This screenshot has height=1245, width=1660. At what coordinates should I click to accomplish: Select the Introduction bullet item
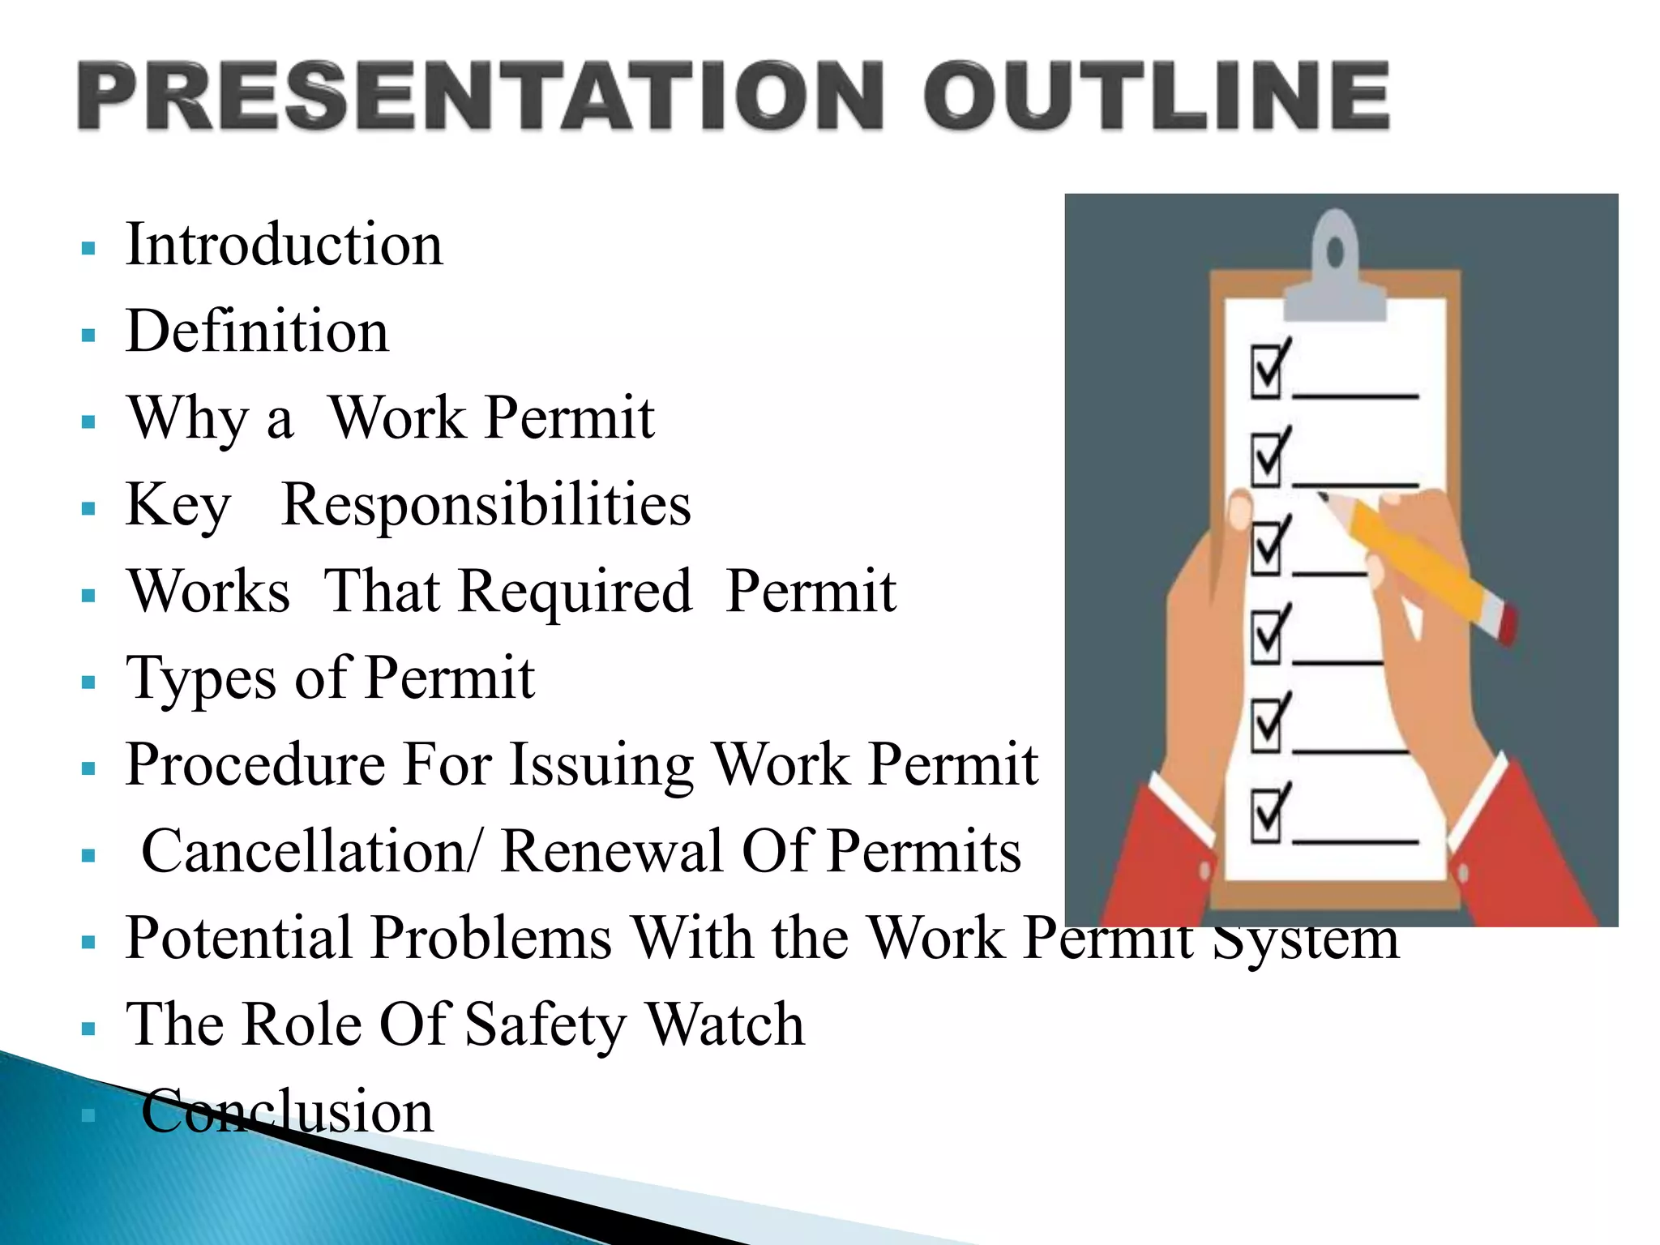[x=285, y=245]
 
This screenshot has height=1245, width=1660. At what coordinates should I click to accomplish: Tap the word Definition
[x=258, y=332]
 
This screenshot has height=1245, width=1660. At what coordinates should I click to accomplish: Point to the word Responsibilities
[x=486, y=505]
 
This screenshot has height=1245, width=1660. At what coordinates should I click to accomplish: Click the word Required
[x=575, y=592]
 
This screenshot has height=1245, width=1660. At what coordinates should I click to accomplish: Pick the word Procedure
[x=255, y=764]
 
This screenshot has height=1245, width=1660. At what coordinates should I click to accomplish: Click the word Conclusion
[x=288, y=1111]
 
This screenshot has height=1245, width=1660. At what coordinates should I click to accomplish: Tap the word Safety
[x=545, y=1025]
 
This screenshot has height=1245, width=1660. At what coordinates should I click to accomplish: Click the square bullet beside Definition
[x=89, y=335]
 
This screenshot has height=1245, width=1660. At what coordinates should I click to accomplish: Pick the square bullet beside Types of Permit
[x=89, y=682]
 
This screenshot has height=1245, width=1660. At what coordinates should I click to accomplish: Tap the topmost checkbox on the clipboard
[x=1266, y=371]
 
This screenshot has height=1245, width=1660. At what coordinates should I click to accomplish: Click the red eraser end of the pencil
[x=1507, y=625]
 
